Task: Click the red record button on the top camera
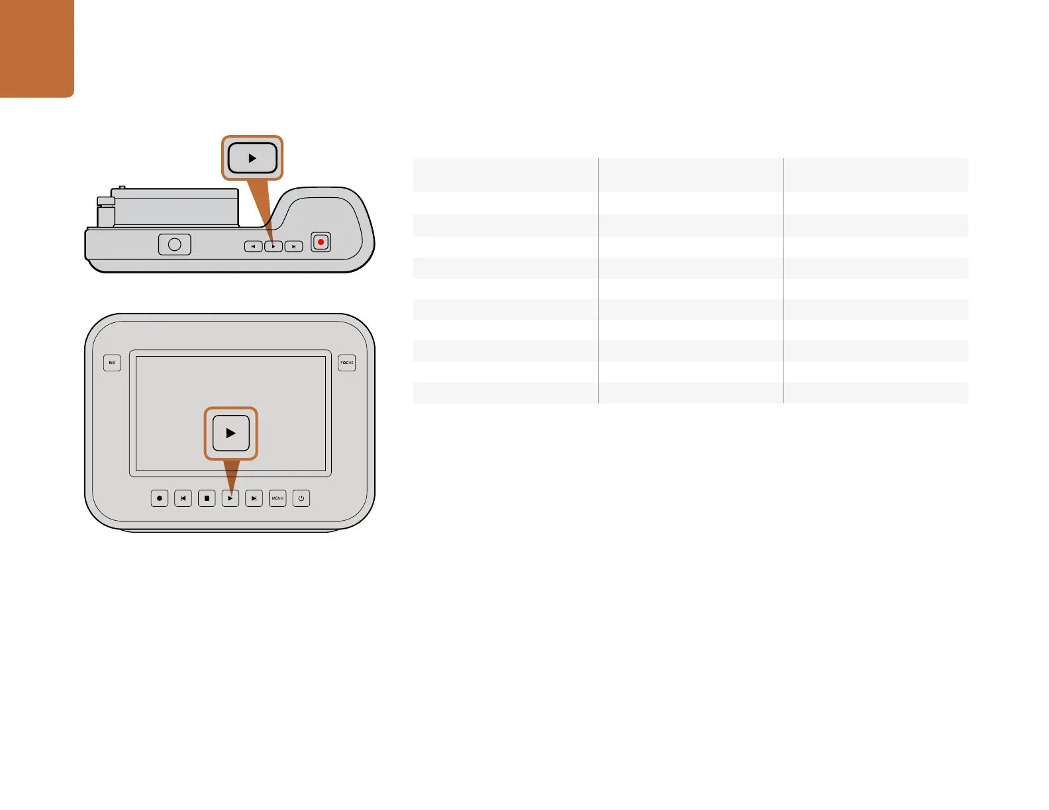coord(321,242)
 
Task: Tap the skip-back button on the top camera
coord(253,246)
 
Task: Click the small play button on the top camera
coord(274,246)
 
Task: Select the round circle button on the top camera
coord(175,244)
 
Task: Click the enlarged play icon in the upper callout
coord(252,158)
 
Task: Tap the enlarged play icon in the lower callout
coord(230,433)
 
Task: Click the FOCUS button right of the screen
coord(347,363)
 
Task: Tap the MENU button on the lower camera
coord(277,498)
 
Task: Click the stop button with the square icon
coord(207,498)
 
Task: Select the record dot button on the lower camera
coord(160,498)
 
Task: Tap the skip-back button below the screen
coord(183,498)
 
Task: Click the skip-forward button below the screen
coord(254,498)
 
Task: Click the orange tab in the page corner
coord(36,48)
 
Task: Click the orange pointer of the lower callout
coord(231,474)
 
